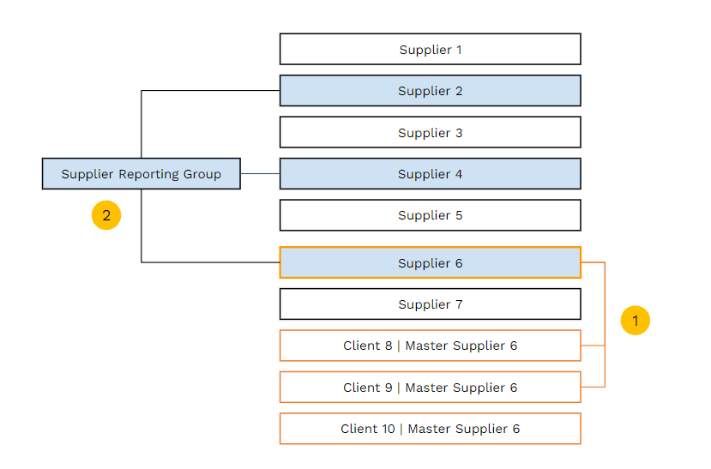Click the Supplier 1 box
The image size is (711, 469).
[x=430, y=49]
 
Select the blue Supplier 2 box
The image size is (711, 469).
[x=430, y=91]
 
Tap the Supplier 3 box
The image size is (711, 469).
[x=430, y=133]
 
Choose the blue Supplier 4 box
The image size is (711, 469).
[x=430, y=174]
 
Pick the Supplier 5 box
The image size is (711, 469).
[x=430, y=215]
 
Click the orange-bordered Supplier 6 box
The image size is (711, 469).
[x=430, y=263]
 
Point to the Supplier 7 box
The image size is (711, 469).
[x=430, y=304]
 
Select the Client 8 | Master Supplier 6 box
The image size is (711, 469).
[x=430, y=346]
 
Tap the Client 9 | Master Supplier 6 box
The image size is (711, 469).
[x=430, y=388]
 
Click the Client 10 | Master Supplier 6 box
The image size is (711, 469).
[x=430, y=429]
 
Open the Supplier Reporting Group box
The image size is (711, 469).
[x=141, y=174]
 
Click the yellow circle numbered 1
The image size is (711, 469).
[x=636, y=320]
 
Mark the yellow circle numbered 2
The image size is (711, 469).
[x=106, y=215]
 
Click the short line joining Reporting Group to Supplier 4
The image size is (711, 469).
[x=260, y=174]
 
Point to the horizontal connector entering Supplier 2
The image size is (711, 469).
[x=210, y=91]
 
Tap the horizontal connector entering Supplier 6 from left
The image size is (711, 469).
[x=210, y=262]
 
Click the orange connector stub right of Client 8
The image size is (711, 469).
[x=593, y=346]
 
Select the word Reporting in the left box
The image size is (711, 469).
[x=148, y=174]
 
